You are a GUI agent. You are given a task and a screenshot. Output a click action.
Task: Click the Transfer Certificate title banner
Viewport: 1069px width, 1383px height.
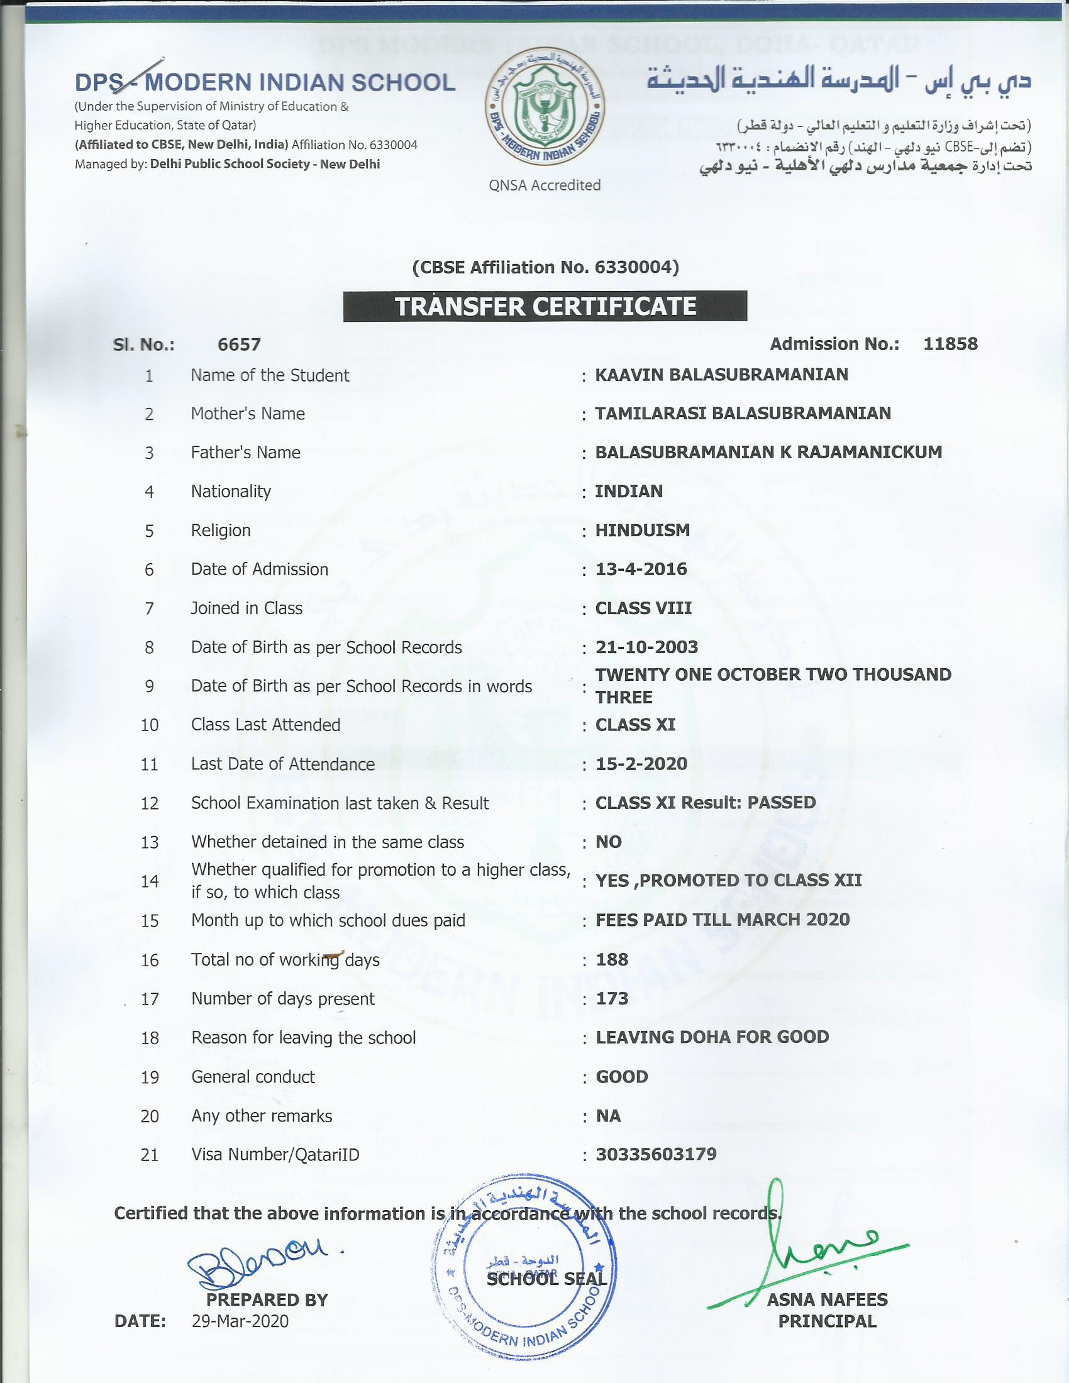tap(545, 307)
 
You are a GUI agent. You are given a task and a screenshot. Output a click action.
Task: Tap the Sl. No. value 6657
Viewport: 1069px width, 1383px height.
tap(239, 344)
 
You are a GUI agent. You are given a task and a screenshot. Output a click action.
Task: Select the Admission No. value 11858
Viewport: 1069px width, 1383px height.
tap(950, 344)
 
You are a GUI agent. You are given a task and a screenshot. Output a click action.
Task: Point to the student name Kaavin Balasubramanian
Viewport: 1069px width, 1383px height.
tap(721, 375)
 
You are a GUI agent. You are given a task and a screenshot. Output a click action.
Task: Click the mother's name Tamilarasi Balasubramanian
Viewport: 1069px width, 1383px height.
tap(742, 414)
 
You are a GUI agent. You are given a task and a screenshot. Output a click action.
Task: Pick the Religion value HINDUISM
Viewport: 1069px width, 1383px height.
tap(642, 531)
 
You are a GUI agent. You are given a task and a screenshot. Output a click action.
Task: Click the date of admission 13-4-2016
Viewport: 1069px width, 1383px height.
tap(641, 570)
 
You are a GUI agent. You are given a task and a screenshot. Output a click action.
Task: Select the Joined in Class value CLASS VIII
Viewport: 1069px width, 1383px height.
tap(643, 609)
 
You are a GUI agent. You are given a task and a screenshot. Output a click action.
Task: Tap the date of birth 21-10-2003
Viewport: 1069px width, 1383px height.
tap(646, 647)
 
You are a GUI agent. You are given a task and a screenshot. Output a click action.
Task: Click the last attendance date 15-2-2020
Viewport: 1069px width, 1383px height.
tap(641, 764)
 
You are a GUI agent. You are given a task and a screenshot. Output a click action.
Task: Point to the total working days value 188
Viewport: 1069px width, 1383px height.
tap(612, 959)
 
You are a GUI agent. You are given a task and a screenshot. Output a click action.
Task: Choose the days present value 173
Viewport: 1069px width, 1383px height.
tap(612, 999)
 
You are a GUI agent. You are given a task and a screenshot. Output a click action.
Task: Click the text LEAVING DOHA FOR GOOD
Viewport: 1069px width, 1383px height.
tap(712, 1037)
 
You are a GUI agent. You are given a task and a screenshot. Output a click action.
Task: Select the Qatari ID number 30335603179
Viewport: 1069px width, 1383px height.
tap(655, 1154)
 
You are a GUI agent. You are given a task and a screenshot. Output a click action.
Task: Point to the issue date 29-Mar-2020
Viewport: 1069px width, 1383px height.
tap(240, 1321)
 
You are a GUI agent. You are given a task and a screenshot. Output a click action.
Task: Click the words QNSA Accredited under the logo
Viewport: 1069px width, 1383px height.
tap(545, 185)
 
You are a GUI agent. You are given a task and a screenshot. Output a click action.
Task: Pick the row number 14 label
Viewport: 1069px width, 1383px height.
tap(150, 881)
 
